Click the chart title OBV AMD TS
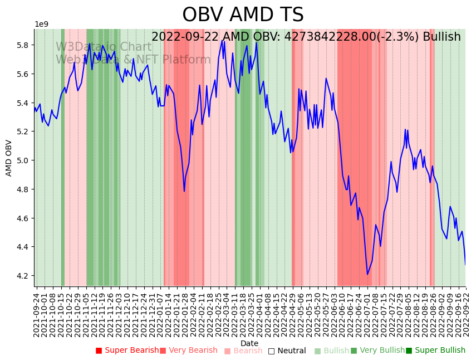pyautogui.click(x=243, y=15)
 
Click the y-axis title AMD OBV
pyautogui.click(x=9, y=158)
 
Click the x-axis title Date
pyautogui.click(x=249, y=343)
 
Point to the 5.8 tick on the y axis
pyautogui.click(x=24, y=45)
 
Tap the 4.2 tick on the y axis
pyautogui.click(x=24, y=276)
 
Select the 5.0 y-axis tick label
pyautogui.click(x=24, y=160)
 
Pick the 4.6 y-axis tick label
pyautogui.click(x=24, y=218)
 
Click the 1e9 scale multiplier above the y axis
pyautogui.click(x=42, y=25)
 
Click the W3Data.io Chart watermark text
pyautogui.click(x=104, y=47)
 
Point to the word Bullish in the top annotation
pyautogui.click(x=441, y=37)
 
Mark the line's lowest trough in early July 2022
pyautogui.click(x=367, y=274)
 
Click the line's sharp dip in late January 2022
pyautogui.click(x=184, y=191)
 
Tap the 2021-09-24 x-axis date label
pyautogui.click(x=36, y=315)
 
